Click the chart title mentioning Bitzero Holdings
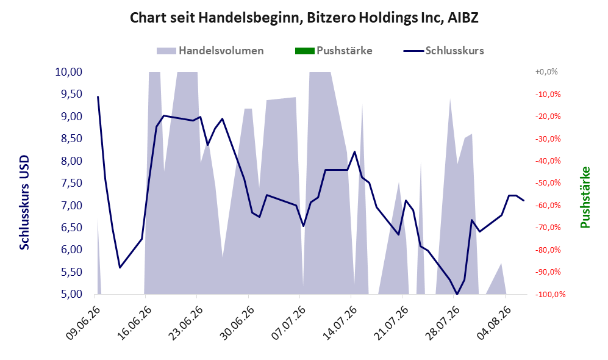pyautogui.click(x=304, y=18)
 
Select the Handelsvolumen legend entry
pyautogui.click(x=210, y=51)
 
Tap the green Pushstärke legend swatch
pyautogui.click(x=304, y=51)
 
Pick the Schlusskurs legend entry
pyautogui.click(x=443, y=51)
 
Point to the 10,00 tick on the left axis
pyautogui.click(x=69, y=72)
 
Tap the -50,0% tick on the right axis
pyautogui.click(x=548, y=183)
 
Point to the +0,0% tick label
pyautogui.click(x=546, y=72)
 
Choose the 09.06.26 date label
pyautogui.click(x=82, y=323)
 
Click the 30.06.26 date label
pyautogui.click(x=237, y=323)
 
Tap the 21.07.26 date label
pyautogui.click(x=392, y=323)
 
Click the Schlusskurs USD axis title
pyautogui.click(x=24, y=203)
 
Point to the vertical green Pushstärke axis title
pyautogui.click(x=585, y=198)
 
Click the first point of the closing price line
pyautogui.click(x=98, y=96)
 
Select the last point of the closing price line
pyautogui.click(x=524, y=201)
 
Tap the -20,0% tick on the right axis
pyautogui.click(x=548, y=117)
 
